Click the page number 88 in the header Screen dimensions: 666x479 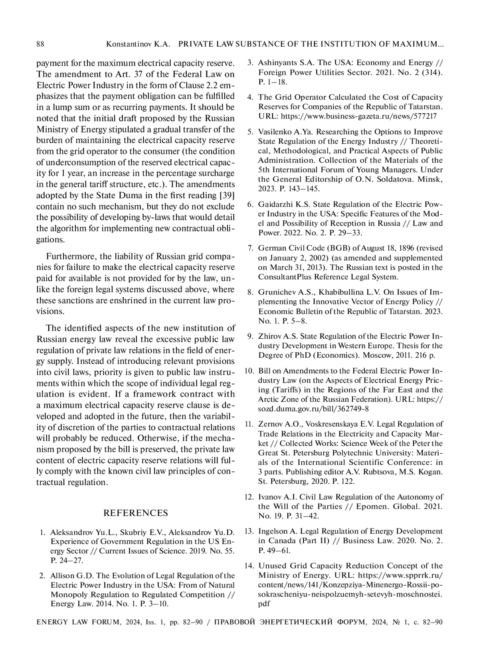[x=40, y=44]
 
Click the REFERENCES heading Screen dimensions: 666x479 [x=136, y=513]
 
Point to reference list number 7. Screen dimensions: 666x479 [x=250, y=248]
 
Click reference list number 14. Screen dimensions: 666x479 [x=249, y=566]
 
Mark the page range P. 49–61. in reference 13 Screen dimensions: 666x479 [x=275, y=551]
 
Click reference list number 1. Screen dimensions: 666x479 [x=42, y=532]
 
